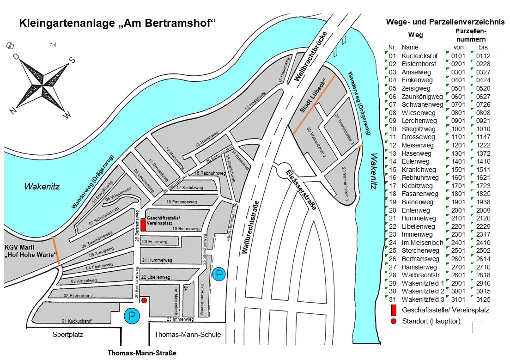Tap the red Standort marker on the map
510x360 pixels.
click(x=144, y=300)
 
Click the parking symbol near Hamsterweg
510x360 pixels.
click(x=219, y=275)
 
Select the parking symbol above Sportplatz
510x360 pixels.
click(x=132, y=317)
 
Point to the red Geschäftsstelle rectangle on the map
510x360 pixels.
click(x=143, y=225)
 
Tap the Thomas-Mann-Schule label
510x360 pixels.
click(x=188, y=335)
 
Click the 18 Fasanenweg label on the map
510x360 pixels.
click(x=182, y=202)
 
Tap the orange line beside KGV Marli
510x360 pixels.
click(x=56, y=250)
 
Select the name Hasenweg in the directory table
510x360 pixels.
click(x=416, y=153)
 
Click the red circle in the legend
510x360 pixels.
click(x=394, y=321)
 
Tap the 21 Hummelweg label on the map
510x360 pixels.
click(x=157, y=260)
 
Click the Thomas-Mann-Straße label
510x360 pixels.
click(x=142, y=354)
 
